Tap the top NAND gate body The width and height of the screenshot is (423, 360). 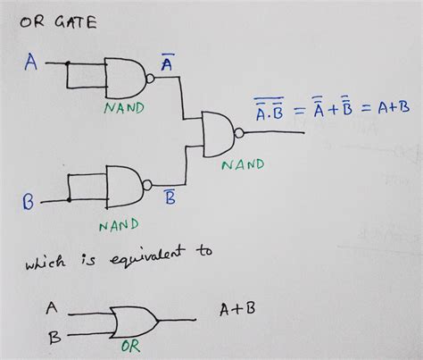pyautogui.click(x=124, y=78)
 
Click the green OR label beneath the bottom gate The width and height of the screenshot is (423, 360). pyautogui.click(x=131, y=347)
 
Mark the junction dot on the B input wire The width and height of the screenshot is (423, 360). pyautogui.click(x=70, y=200)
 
